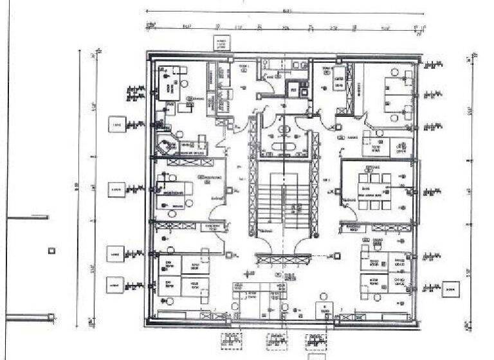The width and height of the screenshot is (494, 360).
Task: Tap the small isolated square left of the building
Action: [x=51, y=251]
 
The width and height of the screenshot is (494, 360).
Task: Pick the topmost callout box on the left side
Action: [x=116, y=124]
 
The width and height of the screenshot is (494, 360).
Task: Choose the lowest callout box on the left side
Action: [x=115, y=283]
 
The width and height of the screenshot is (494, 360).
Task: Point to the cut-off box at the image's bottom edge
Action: [x=317, y=356]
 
